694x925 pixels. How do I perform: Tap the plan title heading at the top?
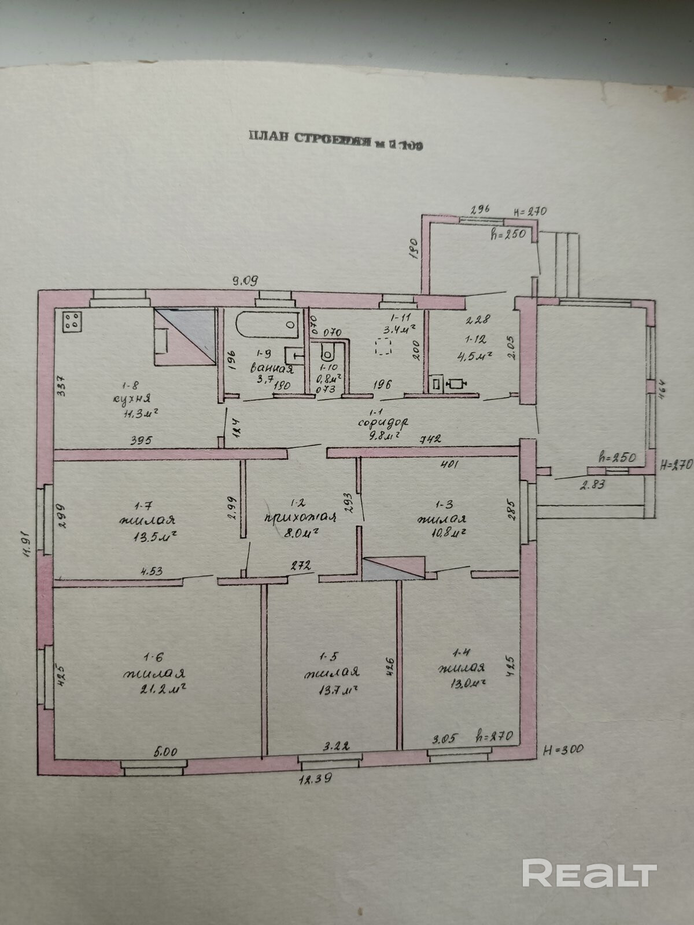(x=336, y=139)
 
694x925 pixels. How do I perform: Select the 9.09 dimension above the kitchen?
(x=245, y=281)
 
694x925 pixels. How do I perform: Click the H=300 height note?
(x=563, y=749)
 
